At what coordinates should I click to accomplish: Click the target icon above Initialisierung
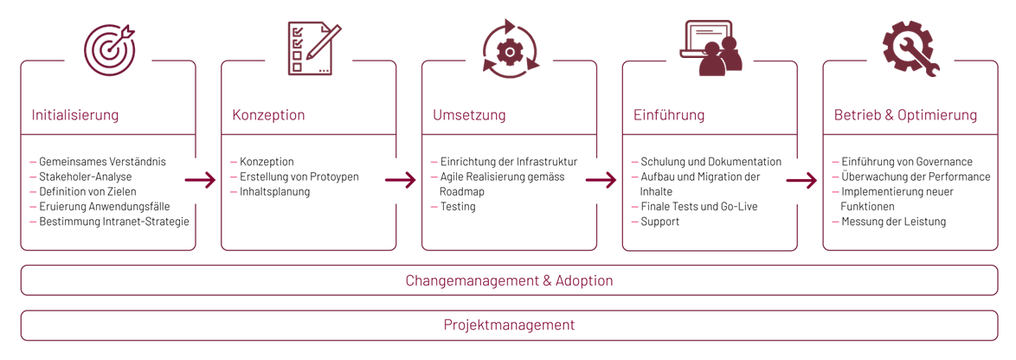(x=109, y=49)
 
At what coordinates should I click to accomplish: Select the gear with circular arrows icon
(x=510, y=50)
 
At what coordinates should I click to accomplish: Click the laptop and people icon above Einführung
(x=711, y=48)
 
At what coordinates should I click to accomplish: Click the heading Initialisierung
(x=75, y=115)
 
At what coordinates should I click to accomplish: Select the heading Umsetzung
(x=469, y=115)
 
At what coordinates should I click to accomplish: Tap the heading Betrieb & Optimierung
(x=905, y=115)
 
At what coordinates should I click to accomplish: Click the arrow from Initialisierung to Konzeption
(x=200, y=180)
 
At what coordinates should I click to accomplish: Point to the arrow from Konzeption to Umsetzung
(x=401, y=180)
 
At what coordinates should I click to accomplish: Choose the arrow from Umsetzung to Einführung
(x=601, y=180)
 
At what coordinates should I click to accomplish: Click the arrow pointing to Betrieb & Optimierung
(x=801, y=180)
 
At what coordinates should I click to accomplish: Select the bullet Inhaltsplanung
(x=274, y=191)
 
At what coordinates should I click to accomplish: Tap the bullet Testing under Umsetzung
(x=458, y=207)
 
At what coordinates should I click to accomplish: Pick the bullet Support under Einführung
(x=660, y=222)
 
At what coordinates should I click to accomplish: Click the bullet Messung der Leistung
(x=894, y=222)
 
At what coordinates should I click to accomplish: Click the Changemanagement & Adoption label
(x=509, y=280)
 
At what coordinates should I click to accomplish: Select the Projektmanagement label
(x=509, y=325)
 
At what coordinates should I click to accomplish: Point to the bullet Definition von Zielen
(x=87, y=191)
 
